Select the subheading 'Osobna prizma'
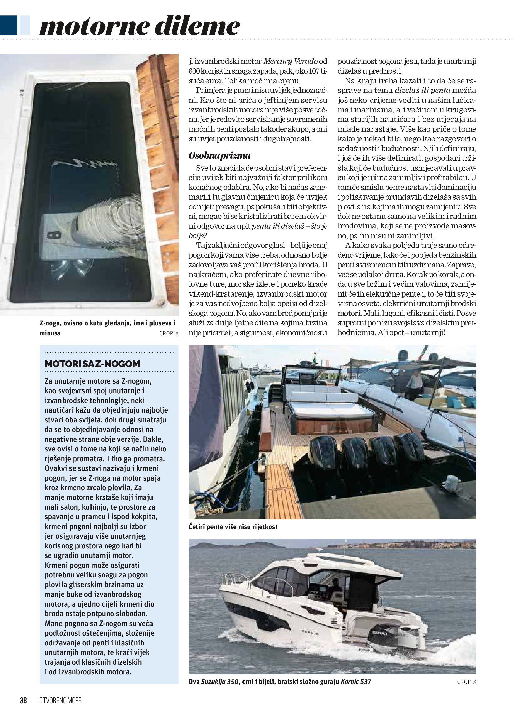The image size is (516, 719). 219,156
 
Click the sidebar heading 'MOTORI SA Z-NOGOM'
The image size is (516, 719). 92,364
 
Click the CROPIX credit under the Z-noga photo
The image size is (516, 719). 169,333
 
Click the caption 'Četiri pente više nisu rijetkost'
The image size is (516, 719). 233,527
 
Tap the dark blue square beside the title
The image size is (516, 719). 9,26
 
